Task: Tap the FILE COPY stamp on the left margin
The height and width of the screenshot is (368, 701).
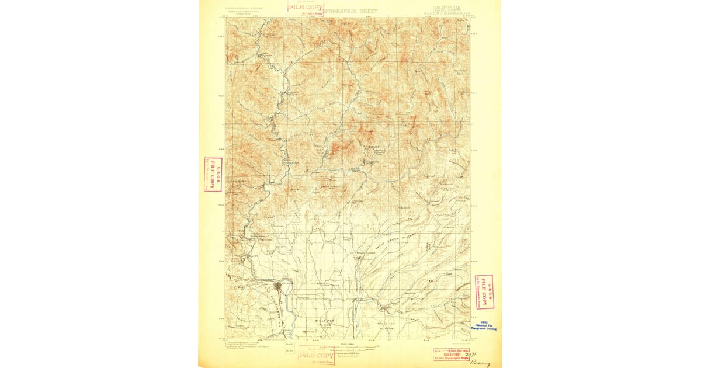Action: click(213, 175)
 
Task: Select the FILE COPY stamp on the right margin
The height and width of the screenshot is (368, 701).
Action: click(483, 291)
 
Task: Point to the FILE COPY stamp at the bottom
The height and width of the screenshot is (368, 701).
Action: click(316, 355)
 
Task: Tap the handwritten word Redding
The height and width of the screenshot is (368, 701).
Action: click(478, 363)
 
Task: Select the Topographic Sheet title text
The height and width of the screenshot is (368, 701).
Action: click(350, 11)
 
